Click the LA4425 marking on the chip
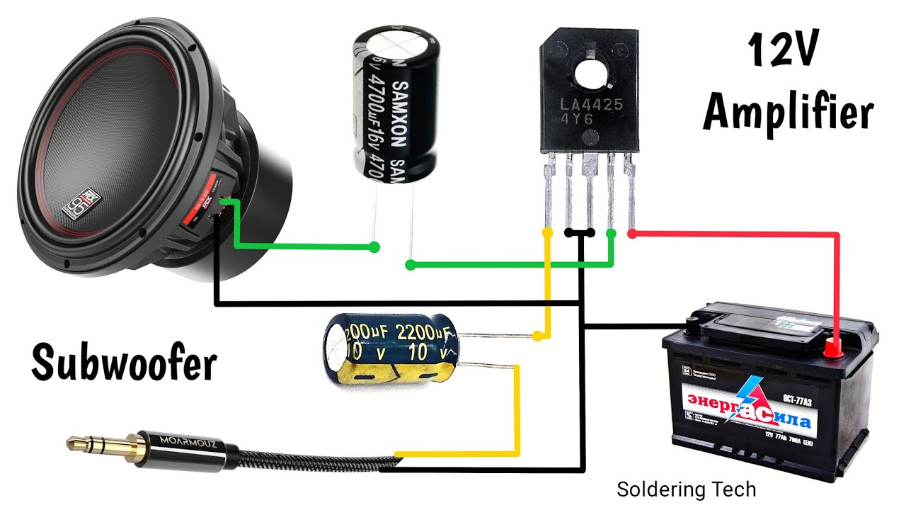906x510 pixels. click(x=592, y=106)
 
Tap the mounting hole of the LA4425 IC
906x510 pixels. click(x=590, y=72)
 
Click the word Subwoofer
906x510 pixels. click(x=124, y=363)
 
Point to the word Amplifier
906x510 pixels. click(x=788, y=113)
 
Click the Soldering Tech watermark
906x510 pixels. click(x=686, y=489)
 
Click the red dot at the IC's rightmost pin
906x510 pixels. click(x=631, y=232)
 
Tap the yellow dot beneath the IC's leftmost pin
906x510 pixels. click(x=547, y=232)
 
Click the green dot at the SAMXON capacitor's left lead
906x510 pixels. click(x=374, y=247)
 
